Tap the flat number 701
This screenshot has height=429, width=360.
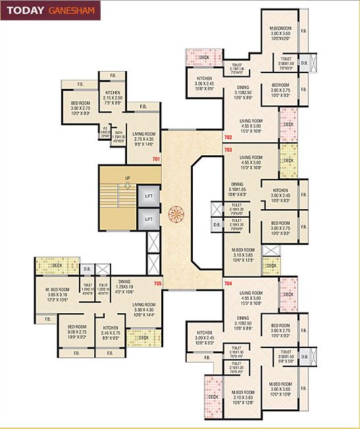(156, 159)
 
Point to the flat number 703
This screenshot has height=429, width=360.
(228, 151)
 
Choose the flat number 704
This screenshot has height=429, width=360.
(228, 283)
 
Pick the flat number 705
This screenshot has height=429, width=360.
(157, 284)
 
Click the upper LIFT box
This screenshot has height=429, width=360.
(149, 196)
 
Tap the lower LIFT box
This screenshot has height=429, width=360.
(149, 219)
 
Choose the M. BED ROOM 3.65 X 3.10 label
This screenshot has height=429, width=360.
(57, 293)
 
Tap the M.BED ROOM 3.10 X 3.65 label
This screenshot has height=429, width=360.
(244, 254)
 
